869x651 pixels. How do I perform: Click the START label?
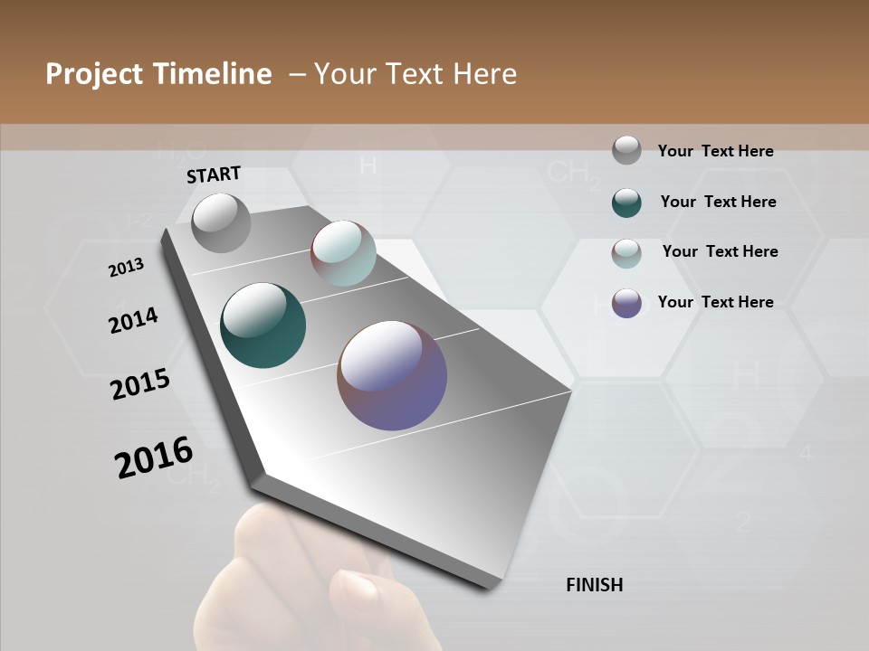pyautogui.click(x=214, y=174)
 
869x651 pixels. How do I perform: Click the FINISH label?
pyautogui.click(x=594, y=585)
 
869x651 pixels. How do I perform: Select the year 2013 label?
pyautogui.click(x=126, y=268)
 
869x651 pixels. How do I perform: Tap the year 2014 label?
pyautogui.click(x=133, y=320)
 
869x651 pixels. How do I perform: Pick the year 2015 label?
pyautogui.click(x=140, y=383)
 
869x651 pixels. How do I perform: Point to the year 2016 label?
pyautogui.click(x=154, y=458)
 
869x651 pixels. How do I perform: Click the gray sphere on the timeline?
pyautogui.click(x=222, y=222)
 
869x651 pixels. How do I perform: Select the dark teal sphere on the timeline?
pyautogui.click(x=263, y=325)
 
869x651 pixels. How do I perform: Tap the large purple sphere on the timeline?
pyautogui.click(x=392, y=375)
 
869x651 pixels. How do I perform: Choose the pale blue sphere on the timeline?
pyautogui.click(x=343, y=253)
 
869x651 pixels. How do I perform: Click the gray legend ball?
pyautogui.click(x=626, y=151)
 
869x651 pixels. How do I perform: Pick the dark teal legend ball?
pyautogui.click(x=626, y=203)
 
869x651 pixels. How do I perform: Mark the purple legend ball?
pyautogui.click(x=626, y=303)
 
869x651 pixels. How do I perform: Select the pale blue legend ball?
pyautogui.click(x=626, y=253)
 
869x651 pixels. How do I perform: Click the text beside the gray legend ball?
pyautogui.click(x=715, y=151)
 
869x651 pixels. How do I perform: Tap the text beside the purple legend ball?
pyautogui.click(x=715, y=302)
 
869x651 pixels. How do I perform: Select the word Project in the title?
pyautogui.click(x=94, y=74)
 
